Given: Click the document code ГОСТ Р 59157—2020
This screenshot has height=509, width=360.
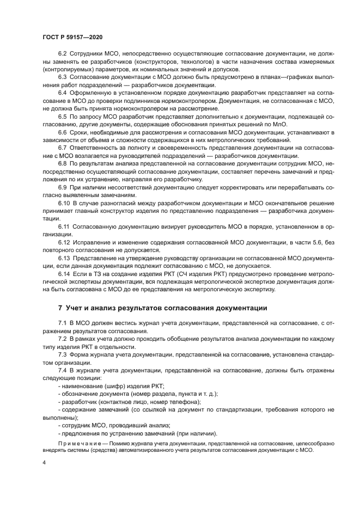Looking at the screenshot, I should click(x=73, y=36).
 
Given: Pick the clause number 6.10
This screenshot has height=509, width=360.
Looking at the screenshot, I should click(x=64, y=203).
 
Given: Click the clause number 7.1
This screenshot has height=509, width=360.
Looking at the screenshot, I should click(x=62, y=324).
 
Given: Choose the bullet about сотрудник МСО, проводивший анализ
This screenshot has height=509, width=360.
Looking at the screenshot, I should click(x=115, y=425).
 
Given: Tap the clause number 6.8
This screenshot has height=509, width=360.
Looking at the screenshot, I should click(x=62, y=163).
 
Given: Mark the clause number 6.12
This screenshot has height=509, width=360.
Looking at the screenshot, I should click(x=64, y=241).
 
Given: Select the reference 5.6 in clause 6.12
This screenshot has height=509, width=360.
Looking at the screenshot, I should click(x=303, y=241).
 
